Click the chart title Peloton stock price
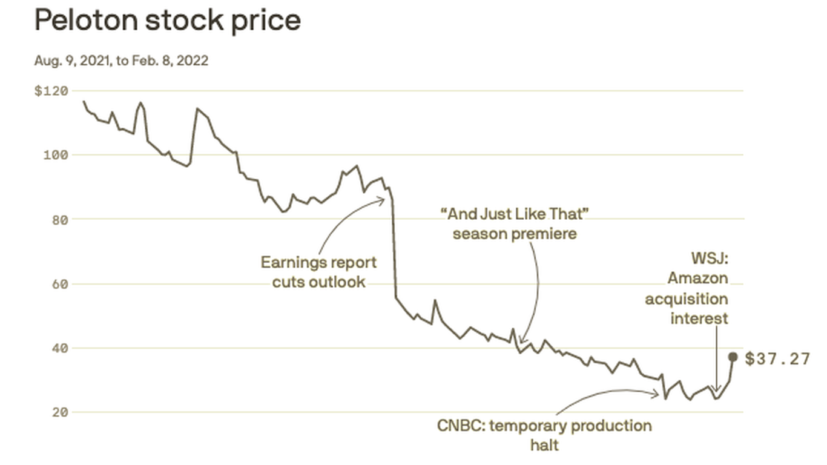coord(167,20)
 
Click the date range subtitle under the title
coord(121,61)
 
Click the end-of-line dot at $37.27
coord(733,357)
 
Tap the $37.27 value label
coord(777,359)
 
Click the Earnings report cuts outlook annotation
coord(318,272)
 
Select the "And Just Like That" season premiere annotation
coord(515,223)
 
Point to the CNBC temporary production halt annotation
coord(544,435)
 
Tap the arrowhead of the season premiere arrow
coord(521,342)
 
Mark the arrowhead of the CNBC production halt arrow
coord(657,394)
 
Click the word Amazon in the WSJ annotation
coord(697,279)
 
